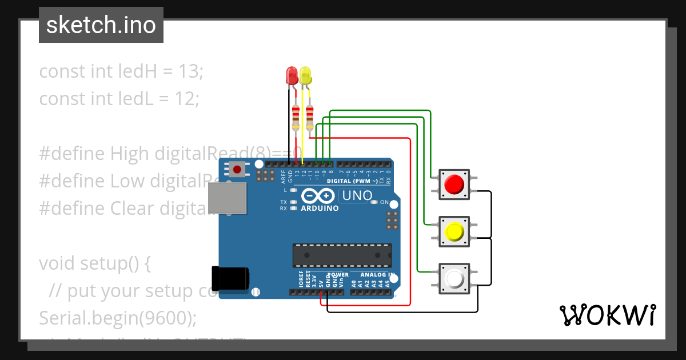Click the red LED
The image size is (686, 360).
(x=292, y=75)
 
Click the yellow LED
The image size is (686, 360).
(x=306, y=76)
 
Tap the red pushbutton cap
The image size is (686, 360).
(x=454, y=184)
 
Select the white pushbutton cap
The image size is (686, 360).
(x=454, y=279)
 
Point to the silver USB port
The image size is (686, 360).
(x=227, y=198)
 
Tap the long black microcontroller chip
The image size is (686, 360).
(x=342, y=255)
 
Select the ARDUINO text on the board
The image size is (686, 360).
(x=320, y=209)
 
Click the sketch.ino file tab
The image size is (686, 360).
(x=101, y=25)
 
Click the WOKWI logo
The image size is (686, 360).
(x=607, y=315)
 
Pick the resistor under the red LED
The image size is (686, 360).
(x=296, y=117)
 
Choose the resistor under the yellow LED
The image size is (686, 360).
(x=310, y=117)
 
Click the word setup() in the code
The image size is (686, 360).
(x=114, y=263)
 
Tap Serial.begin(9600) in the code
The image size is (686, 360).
(x=117, y=318)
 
